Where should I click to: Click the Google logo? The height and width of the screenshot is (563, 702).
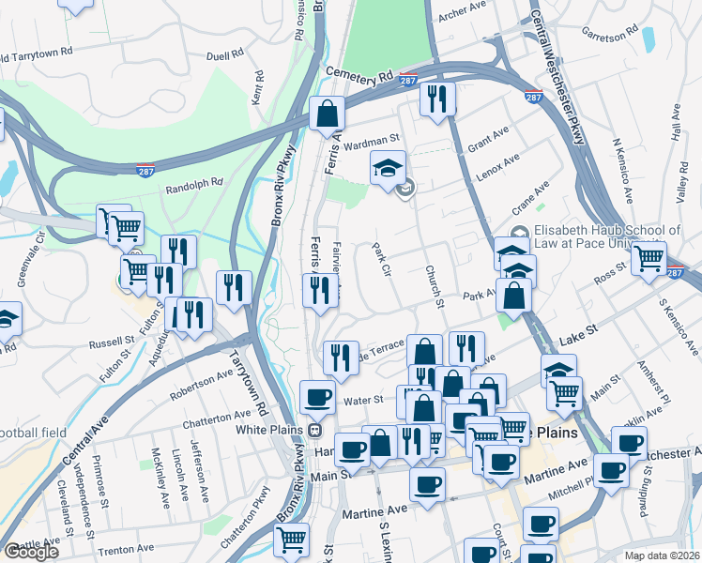point(31,552)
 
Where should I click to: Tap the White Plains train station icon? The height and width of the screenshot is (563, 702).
point(316,431)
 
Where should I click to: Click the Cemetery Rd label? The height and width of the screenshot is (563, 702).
point(359,74)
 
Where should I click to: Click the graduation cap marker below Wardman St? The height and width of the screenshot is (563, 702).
point(388,167)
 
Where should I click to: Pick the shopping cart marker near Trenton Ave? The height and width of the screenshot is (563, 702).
point(292,540)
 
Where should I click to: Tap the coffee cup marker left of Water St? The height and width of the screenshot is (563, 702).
point(318,396)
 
